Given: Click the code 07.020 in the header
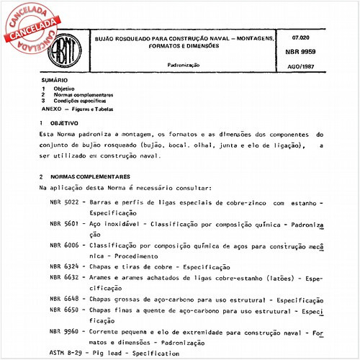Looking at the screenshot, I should point(302,36).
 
